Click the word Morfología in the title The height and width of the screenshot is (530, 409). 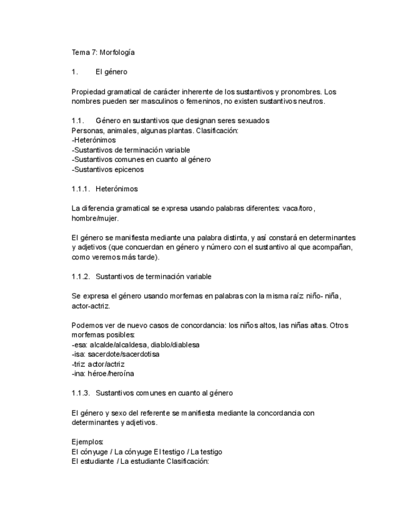coord(117,52)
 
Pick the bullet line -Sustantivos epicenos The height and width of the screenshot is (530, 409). coord(107,169)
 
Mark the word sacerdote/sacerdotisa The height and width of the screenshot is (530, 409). coord(124,354)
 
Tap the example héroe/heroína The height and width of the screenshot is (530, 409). coord(111,374)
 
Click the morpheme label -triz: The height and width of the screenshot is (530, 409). coord(79,364)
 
